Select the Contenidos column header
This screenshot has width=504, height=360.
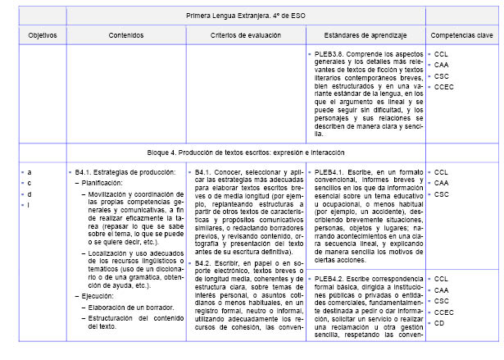tap(125, 35)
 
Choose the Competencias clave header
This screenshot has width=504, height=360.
tap(461, 35)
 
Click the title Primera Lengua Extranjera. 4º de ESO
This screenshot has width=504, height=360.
tap(244, 15)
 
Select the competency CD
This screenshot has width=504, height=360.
tap(440, 323)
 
